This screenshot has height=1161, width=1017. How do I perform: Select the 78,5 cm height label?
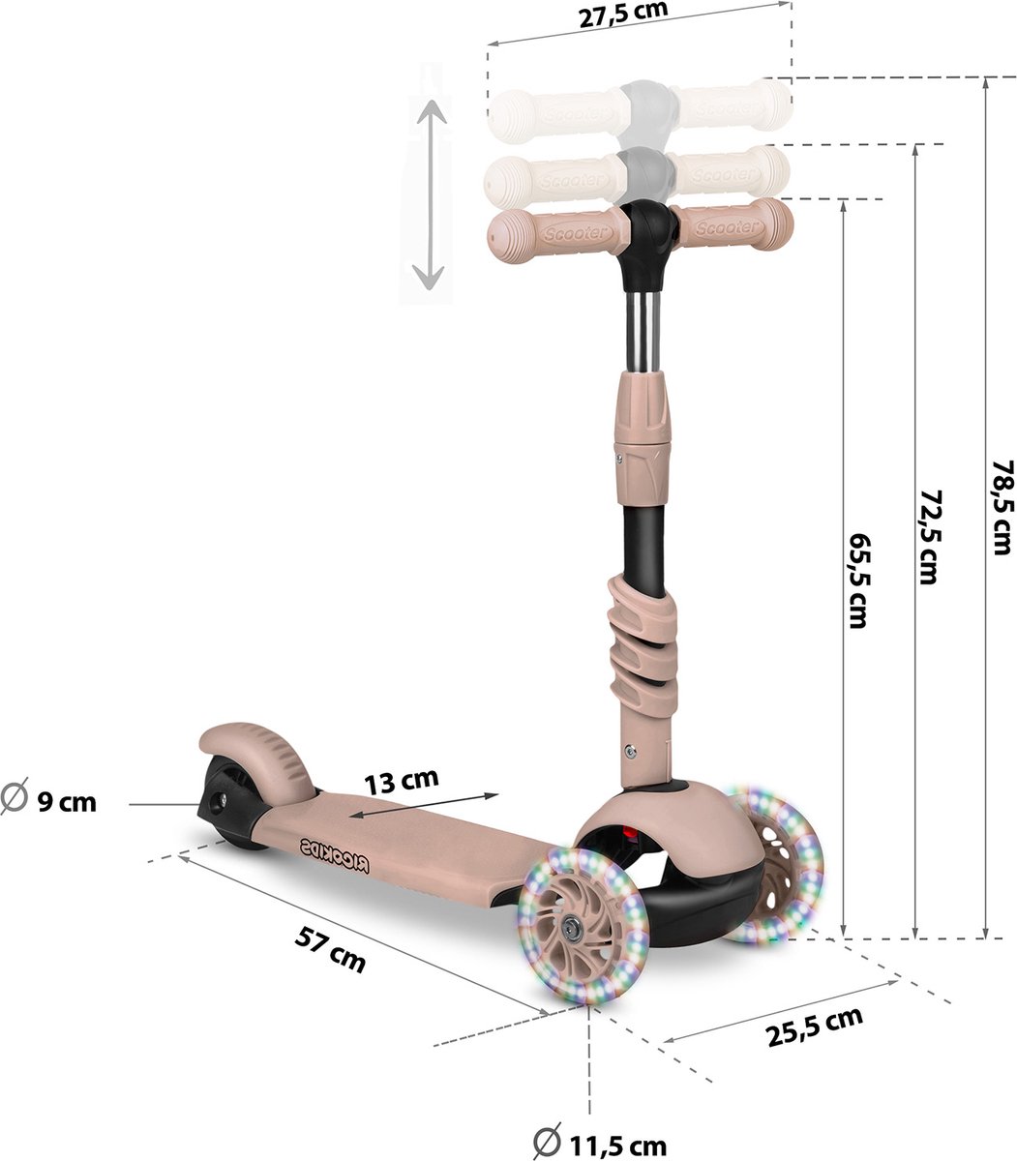1003,507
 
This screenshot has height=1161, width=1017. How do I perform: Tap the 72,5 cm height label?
929,537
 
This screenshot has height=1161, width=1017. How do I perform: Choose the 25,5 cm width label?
814,1025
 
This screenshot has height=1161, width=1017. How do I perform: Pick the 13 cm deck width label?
403,779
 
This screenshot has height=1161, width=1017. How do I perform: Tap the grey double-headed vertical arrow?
429,193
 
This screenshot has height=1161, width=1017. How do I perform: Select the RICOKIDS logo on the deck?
334,853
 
